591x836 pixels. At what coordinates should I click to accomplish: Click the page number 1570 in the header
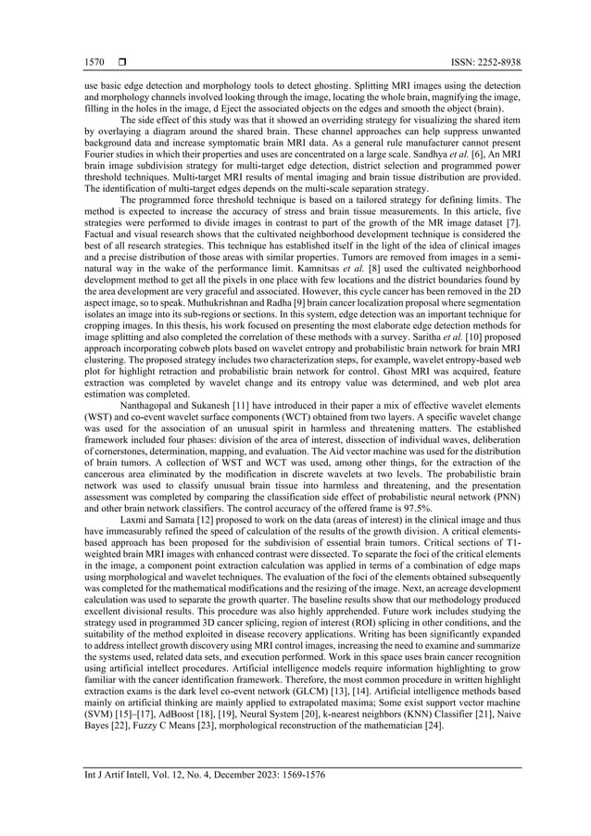pos(93,62)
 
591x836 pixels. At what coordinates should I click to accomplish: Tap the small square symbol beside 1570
pos(119,62)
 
